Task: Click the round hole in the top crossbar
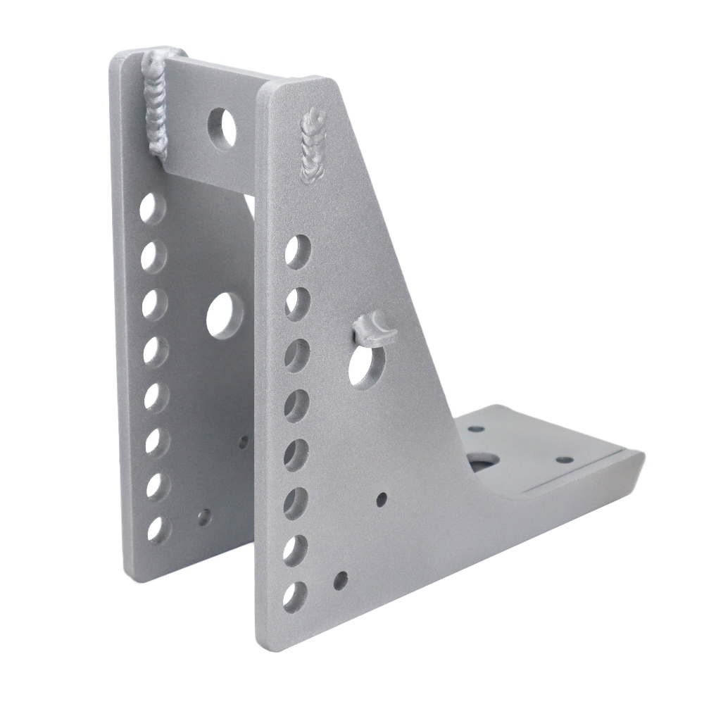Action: [222, 127]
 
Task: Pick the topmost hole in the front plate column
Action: [298, 251]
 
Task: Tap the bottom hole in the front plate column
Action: [294, 596]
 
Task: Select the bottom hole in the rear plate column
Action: [156, 529]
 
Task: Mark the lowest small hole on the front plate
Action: [340, 581]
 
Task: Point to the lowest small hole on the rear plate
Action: [203, 517]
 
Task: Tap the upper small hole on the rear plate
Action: [243, 442]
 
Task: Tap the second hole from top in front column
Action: [297, 302]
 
